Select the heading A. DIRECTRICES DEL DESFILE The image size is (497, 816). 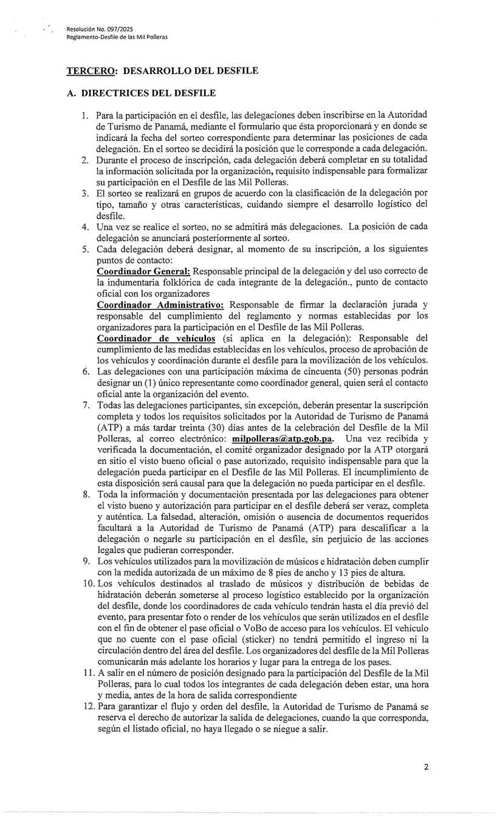pos(141,93)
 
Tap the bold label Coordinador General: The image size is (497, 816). pos(144,271)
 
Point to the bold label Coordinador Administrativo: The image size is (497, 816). pos(160,304)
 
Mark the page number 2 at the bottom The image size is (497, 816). pos(426,767)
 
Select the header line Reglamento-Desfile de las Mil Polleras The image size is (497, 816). pos(117,38)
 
